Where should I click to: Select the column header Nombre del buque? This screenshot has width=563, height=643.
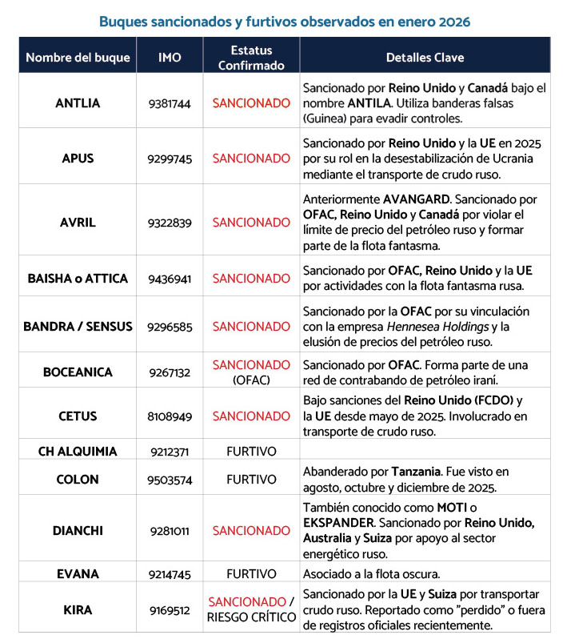point(78,58)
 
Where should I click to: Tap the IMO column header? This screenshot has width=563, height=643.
point(170,58)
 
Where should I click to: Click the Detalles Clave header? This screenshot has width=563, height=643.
point(425,58)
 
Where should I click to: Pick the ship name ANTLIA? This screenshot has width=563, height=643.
point(78,103)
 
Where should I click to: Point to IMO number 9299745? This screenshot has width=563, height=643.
point(170,159)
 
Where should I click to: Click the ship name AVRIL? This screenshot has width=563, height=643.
point(78,223)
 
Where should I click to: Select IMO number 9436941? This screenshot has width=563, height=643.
point(170,279)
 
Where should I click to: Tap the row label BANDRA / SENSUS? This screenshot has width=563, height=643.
point(78,327)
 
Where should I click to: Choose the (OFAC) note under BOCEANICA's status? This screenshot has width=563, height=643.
point(251,380)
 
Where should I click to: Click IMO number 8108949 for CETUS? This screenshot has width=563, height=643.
point(170,416)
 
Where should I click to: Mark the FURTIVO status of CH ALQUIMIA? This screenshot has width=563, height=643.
point(251,452)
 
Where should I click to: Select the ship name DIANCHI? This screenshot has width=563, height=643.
point(78,530)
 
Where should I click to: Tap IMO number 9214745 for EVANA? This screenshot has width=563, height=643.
point(170,574)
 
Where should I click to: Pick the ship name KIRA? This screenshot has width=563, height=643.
point(78,610)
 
